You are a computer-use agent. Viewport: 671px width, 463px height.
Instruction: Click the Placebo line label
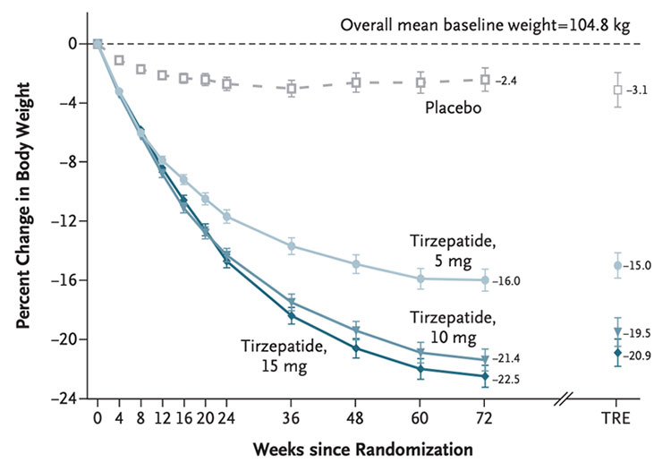tap(454, 109)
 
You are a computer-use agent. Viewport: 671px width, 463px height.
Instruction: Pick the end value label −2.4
tap(507, 81)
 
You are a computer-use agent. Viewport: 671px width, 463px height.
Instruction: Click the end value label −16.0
tap(508, 281)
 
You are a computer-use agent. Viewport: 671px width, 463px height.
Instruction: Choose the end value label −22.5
tap(508, 377)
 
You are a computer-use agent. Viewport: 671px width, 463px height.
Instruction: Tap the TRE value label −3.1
tap(639, 90)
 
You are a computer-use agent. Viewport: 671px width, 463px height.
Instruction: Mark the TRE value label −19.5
tap(639, 332)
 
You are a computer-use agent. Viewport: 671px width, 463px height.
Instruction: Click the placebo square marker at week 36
tap(292, 88)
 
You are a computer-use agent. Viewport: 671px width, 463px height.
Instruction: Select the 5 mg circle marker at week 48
tap(356, 264)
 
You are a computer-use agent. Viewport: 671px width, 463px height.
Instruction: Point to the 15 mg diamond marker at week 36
tap(292, 316)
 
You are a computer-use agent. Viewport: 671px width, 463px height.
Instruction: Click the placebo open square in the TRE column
tap(617, 90)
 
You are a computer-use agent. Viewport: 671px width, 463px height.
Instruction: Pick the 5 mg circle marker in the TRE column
tap(617, 265)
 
